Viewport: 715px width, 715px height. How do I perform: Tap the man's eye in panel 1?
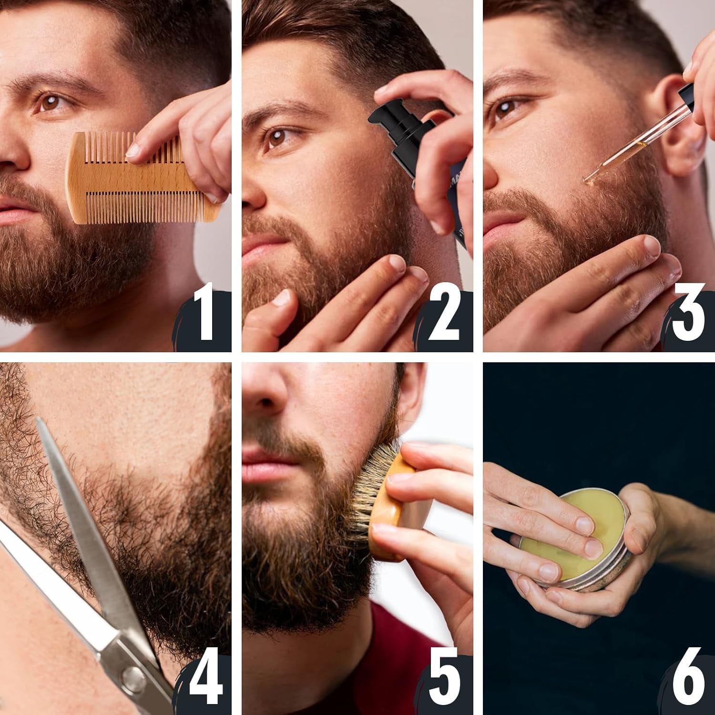click(50, 102)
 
